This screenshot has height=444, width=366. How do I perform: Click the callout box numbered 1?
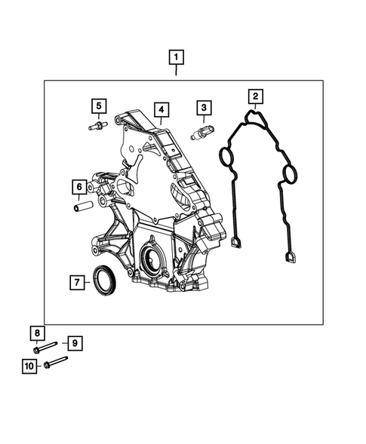click(x=176, y=57)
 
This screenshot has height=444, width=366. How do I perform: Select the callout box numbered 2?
click(x=256, y=96)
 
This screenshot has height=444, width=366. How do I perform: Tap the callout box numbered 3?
click(x=203, y=109)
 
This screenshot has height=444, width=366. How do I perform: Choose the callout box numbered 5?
click(x=98, y=106)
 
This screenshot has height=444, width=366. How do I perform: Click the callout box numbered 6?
click(x=78, y=186)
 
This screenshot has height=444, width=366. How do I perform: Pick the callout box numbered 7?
click(x=77, y=283)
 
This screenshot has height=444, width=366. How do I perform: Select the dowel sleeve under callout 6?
click(x=82, y=204)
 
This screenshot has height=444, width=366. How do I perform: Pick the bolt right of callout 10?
click(x=56, y=364)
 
